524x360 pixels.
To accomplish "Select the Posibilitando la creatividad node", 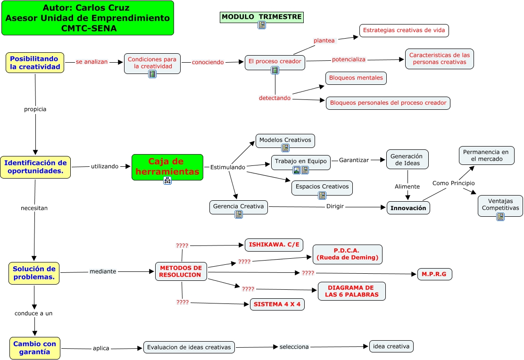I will point(35,63).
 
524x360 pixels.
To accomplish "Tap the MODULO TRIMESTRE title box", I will point(262,17).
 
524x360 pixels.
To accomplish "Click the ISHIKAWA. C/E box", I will point(274,245).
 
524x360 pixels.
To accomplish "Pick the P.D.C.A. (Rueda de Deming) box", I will point(348,254).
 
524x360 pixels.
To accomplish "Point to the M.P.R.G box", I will point(434,274).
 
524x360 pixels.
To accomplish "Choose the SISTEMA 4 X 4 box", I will point(277,304).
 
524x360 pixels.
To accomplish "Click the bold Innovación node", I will point(408,208).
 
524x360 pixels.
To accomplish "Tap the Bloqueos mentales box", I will point(356,78).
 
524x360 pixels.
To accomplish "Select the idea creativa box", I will point(391,346).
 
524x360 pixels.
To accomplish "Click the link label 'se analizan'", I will point(92,62).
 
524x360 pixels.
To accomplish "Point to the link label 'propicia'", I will point(35,109).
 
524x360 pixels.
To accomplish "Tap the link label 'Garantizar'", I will point(354,160).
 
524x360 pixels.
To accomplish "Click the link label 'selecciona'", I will point(294,347).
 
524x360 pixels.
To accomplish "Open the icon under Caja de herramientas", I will point(167,180).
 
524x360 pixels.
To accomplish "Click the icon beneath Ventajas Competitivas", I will point(500,217).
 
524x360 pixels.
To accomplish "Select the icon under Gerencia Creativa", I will point(239,214).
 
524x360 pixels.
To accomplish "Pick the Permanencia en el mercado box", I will point(486,155).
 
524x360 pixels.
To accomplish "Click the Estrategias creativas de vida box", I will point(404,31).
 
